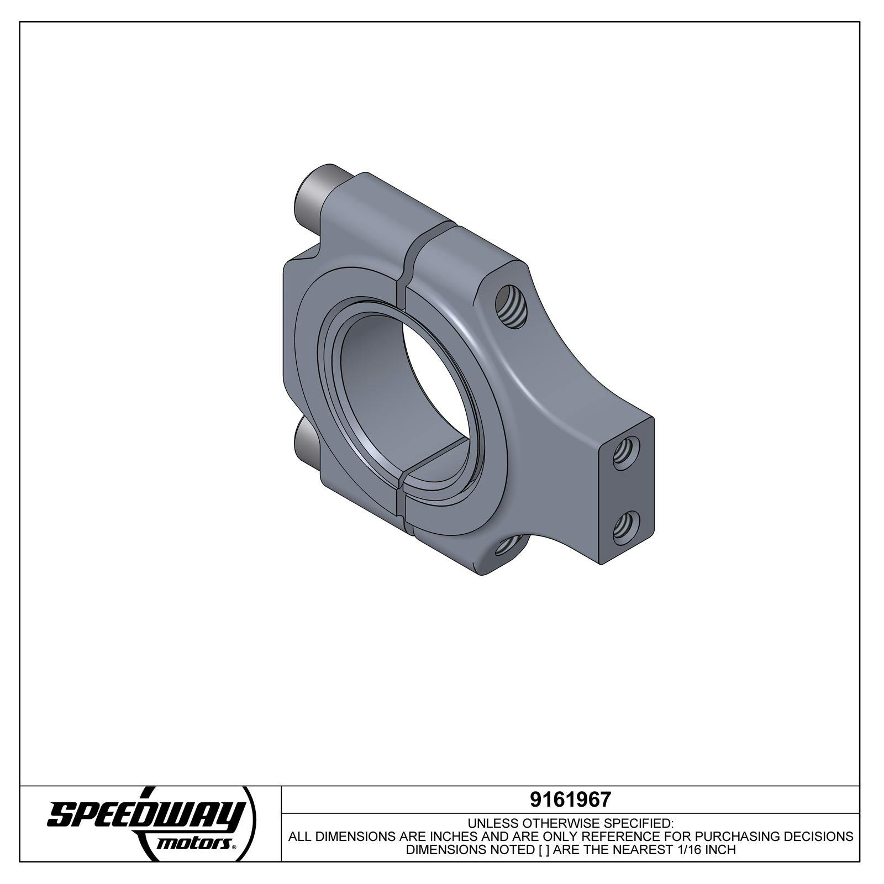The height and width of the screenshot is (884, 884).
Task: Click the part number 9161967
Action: [x=570, y=799]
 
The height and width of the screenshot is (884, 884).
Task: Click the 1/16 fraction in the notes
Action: [x=686, y=850]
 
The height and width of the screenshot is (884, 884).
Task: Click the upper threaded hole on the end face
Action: [x=627, y=452]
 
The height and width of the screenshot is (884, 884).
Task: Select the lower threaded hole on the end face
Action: [x=627, y=528]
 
